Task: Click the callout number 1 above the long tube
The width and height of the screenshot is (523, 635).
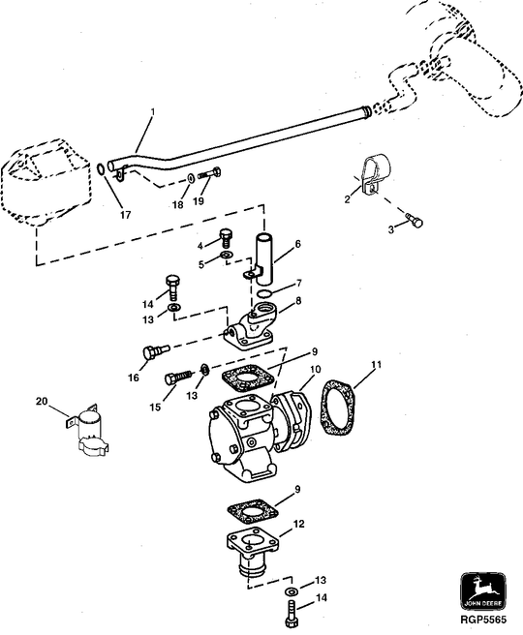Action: click(151, 115)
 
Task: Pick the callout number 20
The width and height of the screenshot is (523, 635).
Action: click(41, 401)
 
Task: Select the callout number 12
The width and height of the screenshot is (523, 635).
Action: click(299, 524)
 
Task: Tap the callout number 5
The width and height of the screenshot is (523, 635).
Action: click(201, 262)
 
